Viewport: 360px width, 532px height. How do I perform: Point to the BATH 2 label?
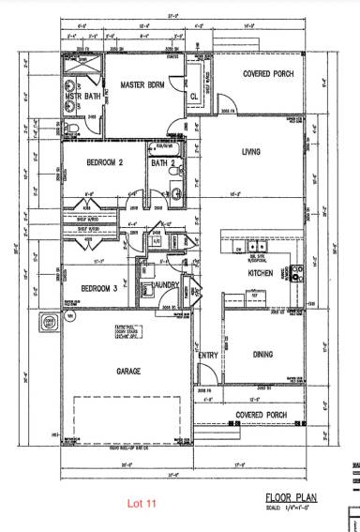(162, 163)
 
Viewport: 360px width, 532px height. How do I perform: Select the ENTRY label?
(208, 356)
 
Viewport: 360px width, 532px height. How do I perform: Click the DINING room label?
(267, 355)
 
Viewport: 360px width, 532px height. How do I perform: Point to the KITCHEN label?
(260, 272)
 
